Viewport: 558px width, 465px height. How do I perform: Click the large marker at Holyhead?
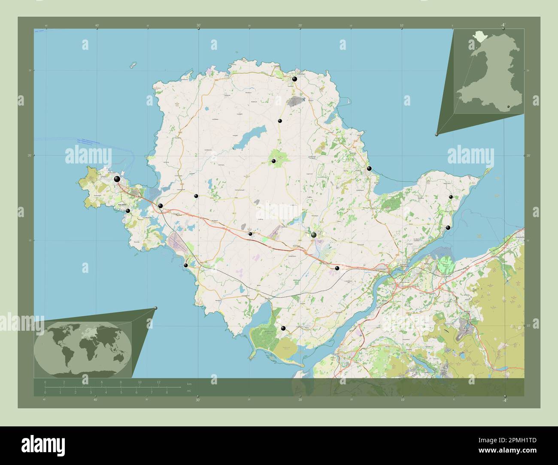pyautogui.click(x=117, y=179)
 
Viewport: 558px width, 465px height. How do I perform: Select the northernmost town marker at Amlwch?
pyautogui.click(x=294, y=79)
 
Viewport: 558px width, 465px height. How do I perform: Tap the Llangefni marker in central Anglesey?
pyautogui.click(x=314, y=235)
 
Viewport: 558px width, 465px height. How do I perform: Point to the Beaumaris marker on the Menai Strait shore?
pyautogui.click(x=448, y=228)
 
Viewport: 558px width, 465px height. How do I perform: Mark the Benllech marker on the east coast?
pyautogui.click(x=369, y=169)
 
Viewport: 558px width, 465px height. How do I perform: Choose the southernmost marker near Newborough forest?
pyautogui.click(x=283, y=328)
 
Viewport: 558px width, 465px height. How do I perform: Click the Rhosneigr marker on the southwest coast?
pyautogui.click(x=186, y=266)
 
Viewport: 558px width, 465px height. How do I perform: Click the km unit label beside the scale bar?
pyautogui.click(x=189, y=383)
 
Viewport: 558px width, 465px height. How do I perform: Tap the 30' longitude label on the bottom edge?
pyautogui.click(x=198, y=400)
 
